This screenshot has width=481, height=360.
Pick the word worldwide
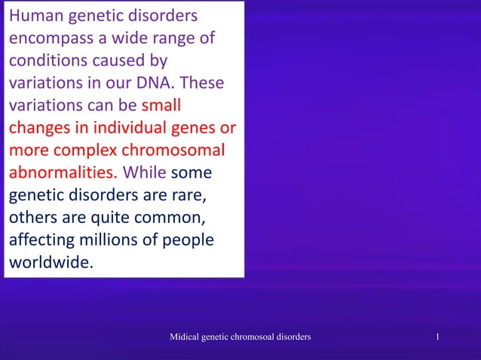(x=51, y=263)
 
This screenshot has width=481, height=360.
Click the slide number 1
(x=438, y=337)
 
